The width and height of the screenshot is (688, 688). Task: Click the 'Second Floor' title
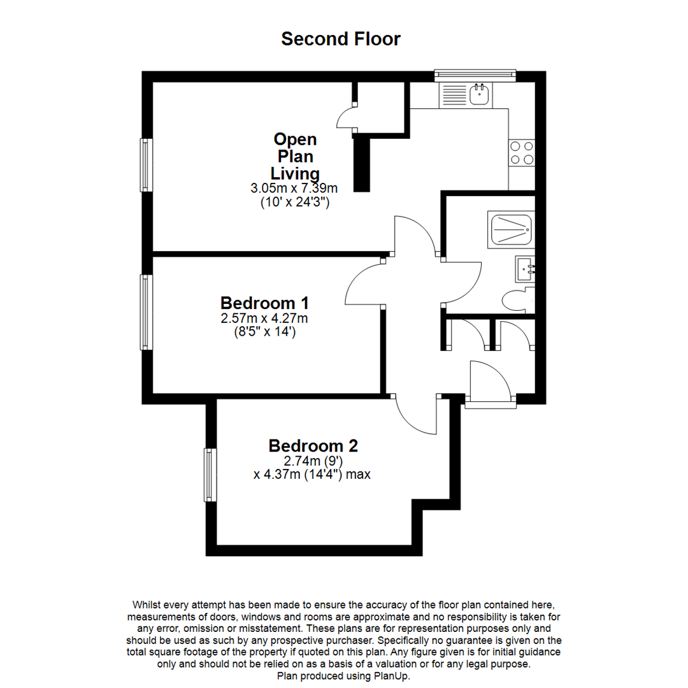341,39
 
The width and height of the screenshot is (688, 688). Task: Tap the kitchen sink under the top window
479,95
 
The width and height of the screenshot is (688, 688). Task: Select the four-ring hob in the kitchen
521,152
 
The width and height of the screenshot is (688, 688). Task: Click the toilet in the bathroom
517,299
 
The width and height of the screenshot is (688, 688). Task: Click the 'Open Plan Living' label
294,156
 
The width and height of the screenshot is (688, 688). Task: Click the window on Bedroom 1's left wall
147,312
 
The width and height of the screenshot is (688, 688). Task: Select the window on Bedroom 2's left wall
210,474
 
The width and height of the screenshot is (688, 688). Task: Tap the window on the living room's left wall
147,164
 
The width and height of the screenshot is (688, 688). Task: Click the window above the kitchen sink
475,75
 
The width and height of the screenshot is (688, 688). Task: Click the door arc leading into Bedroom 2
415,415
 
